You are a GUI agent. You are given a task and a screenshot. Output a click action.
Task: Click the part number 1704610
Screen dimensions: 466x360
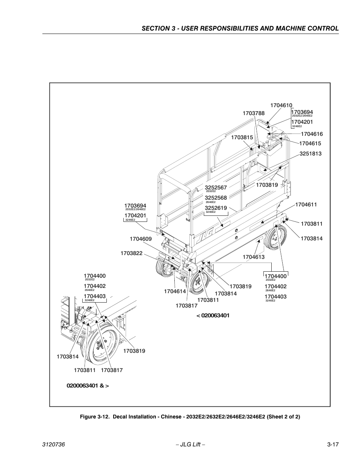click(x=281, y=106)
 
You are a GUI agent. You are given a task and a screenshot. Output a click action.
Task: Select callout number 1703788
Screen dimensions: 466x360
click(x=253, y=113)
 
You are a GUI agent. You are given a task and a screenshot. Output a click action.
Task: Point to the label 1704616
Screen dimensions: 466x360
click(x=312, y=134)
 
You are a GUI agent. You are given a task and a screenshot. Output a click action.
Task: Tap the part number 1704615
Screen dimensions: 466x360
click(x=310, y=143)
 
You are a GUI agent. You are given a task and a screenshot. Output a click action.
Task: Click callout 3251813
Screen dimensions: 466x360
click(x=310, y=154)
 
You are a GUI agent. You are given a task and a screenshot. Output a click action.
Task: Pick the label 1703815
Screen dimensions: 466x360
click(x=242, y=138)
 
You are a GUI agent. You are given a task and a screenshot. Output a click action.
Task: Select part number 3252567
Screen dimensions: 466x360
click(x=216, y=188)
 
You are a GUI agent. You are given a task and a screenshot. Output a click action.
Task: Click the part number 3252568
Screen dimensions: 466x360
click(x=216, y=198)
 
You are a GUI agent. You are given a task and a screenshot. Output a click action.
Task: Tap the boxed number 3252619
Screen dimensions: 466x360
click(x=216, y=208)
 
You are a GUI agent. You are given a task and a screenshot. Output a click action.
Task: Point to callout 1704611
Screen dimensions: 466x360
click(x=306, y=205)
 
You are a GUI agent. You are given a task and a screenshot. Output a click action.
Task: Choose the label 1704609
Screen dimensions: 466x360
click(x=140, y=239)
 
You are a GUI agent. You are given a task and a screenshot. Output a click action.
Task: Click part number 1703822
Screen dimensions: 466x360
click(x=131, y=253)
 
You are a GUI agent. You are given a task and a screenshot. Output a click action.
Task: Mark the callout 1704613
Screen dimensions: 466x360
click(x=253, y=257)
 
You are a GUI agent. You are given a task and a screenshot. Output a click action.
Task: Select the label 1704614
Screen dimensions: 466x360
click(x=175, y=291)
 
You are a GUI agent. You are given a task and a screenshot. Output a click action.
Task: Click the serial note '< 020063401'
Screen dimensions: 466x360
click(x=212, y=315)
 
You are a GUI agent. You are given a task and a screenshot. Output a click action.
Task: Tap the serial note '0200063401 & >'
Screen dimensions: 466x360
click(x=88, y=386)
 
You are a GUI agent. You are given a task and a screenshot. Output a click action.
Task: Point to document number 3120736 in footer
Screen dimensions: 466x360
click(x=54, y=445)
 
